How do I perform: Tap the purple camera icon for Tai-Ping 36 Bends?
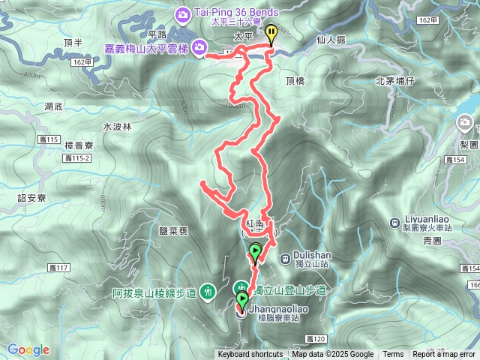(x=182, y=13)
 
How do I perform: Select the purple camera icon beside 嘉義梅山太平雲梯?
(x=199, y=48)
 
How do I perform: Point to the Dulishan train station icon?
(x=285, y=259)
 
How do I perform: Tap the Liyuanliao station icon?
(x=395, y=222)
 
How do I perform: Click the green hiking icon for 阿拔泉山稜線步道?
(x=208, y=291)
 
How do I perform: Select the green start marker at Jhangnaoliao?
(x=241, y=301)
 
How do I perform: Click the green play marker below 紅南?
(x=256, y=252)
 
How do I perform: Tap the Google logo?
(x=28, y=349)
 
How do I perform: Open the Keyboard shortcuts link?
(x=250, y=355)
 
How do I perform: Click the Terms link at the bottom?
(x=393, y=355)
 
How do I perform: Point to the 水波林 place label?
(x=116, y=127)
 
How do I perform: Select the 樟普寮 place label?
(x=79, y=145)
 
